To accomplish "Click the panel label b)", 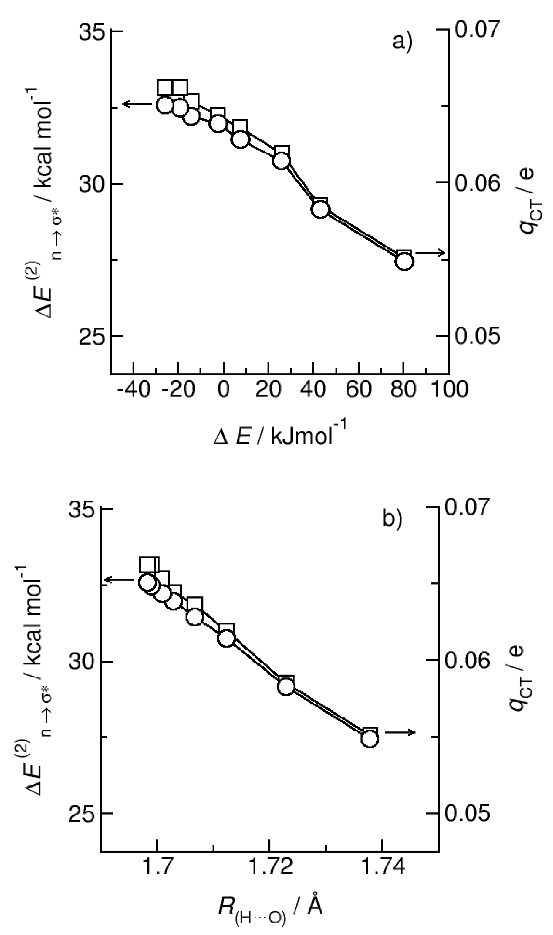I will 392,519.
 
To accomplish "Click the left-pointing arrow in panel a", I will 136,104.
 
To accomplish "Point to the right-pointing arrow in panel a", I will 430,253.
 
